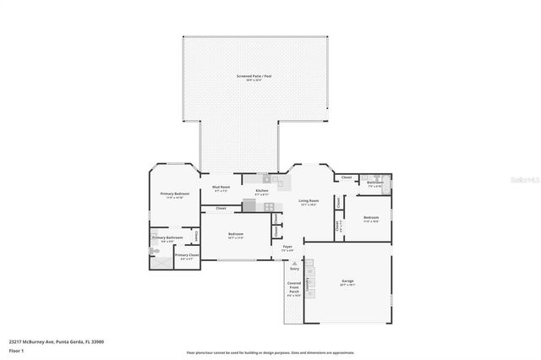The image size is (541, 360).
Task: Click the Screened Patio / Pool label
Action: click(x=254, y=77)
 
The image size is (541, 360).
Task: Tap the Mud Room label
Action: click(x=221, y=190)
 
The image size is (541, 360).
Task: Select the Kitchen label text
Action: click(x=262, y=192)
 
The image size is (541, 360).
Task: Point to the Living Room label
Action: click(x=308, y=203)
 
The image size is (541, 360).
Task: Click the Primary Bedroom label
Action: click(x=174, y=195)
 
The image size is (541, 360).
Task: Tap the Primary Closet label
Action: click(x=187, y=256)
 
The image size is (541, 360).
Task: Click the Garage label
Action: click(x=347, y=281)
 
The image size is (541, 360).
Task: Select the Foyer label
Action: click(x=287, y=248)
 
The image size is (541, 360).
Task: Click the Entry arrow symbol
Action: click(x=294, y=265)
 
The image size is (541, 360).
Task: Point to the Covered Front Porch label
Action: click(x=293, y=289)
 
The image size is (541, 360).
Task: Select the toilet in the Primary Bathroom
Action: click(x=155, y=251)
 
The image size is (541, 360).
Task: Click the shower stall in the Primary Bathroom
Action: click(x=160, y=261)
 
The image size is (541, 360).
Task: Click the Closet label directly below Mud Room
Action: click(x=221, y=208)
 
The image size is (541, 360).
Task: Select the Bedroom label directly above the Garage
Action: click(x=370, y=219)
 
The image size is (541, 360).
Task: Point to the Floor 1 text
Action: click(x=15, y=350)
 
